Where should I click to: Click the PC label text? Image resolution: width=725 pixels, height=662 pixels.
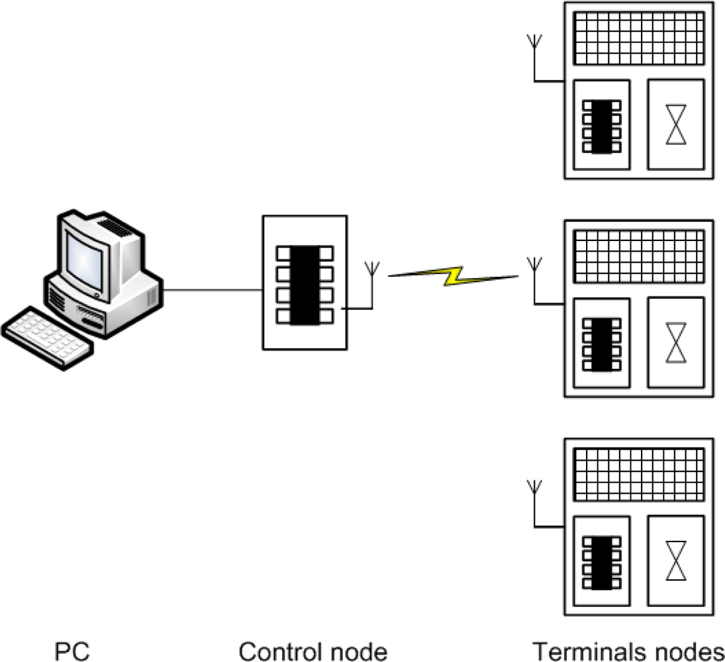[71, 651]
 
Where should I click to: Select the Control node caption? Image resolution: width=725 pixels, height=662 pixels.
[313, 651]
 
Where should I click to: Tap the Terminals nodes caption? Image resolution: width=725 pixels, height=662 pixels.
[628, 651]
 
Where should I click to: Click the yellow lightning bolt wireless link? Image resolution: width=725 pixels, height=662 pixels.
[454, 276]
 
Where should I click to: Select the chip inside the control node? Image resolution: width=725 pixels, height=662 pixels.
[305, 284]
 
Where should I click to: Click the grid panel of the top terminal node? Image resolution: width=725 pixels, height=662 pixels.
[638, 38]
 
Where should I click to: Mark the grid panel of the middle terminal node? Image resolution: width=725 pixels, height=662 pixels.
[638, 256]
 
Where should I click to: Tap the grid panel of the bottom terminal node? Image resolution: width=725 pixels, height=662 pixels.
[638, 474]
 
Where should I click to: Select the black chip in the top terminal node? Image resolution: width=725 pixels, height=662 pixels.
[601, 126]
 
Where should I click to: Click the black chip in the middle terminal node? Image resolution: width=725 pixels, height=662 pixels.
[601, 345]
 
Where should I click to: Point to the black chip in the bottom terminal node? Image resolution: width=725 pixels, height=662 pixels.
[601, 563]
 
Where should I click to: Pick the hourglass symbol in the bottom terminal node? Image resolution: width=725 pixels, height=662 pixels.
[675, 561]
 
